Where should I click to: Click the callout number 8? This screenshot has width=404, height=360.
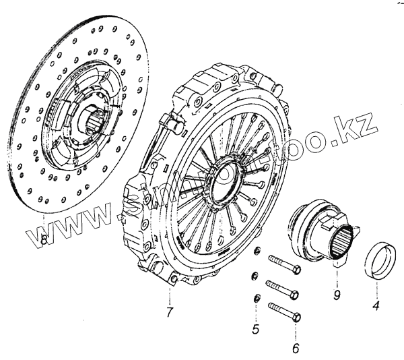pos(44,239)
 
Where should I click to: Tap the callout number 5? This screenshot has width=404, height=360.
pos(255,330)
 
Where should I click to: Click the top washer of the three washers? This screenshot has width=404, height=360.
pos(257,252)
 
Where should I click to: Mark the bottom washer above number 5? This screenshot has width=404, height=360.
pos(256,299)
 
